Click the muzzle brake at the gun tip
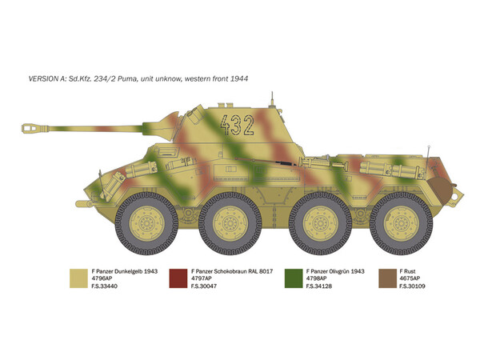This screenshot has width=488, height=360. pyautogui.click(x=35, y=128)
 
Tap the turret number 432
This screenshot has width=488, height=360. pyautogui.click(x=237, y=125)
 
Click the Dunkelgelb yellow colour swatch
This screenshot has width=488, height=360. pyautogui.click(x=78, y=278)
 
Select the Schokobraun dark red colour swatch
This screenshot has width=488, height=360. pyautogui.click(x=178, y=278)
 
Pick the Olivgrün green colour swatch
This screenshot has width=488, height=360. pyautogui.click(x=294, y=278)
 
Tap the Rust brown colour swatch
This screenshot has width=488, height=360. pyautogui.click(x=387, y=278)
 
